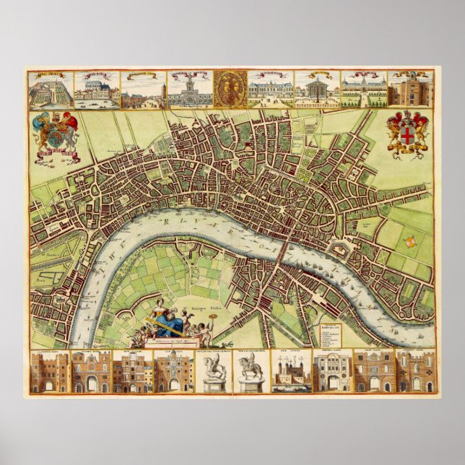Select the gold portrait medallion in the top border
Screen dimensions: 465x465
click(x=230, y=89)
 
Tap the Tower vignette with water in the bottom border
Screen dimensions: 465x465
click(x=291, y=373)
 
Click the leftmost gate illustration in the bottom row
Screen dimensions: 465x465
click(x=51, y=373)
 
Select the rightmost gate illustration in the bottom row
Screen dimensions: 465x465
click(x=416, y=373)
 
